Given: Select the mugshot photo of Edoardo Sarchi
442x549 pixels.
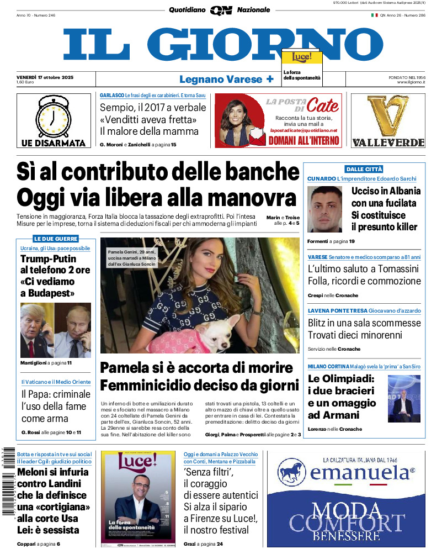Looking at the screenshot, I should pyautogui.click(x=325, y=209).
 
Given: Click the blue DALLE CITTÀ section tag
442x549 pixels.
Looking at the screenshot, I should pyautogui.click(x=364, y=169).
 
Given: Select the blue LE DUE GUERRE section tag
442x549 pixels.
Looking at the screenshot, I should pyautogui.click(x=56, y=239).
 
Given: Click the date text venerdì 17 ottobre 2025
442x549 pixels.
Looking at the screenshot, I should pyautogui.click(x=45, y=77).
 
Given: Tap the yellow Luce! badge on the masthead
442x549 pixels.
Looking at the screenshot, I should pyautogui.click(x=301, y=57).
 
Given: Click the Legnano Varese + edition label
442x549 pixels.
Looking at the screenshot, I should pyautogui.click(x=226, y=79).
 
